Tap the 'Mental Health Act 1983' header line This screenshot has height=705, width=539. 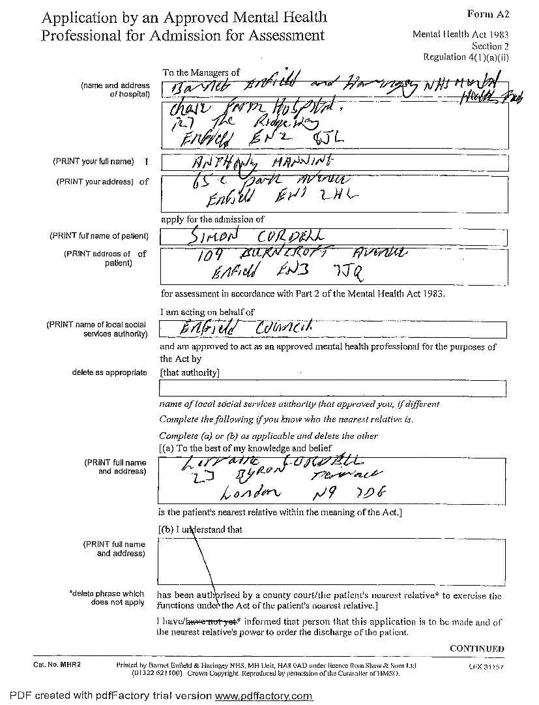click(461, 35)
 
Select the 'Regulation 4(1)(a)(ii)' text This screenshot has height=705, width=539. click(466, 57)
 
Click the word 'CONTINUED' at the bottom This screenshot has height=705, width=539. click(477, 648)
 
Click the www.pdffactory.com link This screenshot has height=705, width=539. click(264, 697)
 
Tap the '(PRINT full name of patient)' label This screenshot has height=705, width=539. click(99, 236)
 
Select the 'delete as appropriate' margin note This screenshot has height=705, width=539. click(109, 373)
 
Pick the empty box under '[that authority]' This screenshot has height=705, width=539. click(332, 389)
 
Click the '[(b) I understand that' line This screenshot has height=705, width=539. click(200, 530)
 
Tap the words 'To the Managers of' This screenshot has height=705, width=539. click(201, 72)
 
